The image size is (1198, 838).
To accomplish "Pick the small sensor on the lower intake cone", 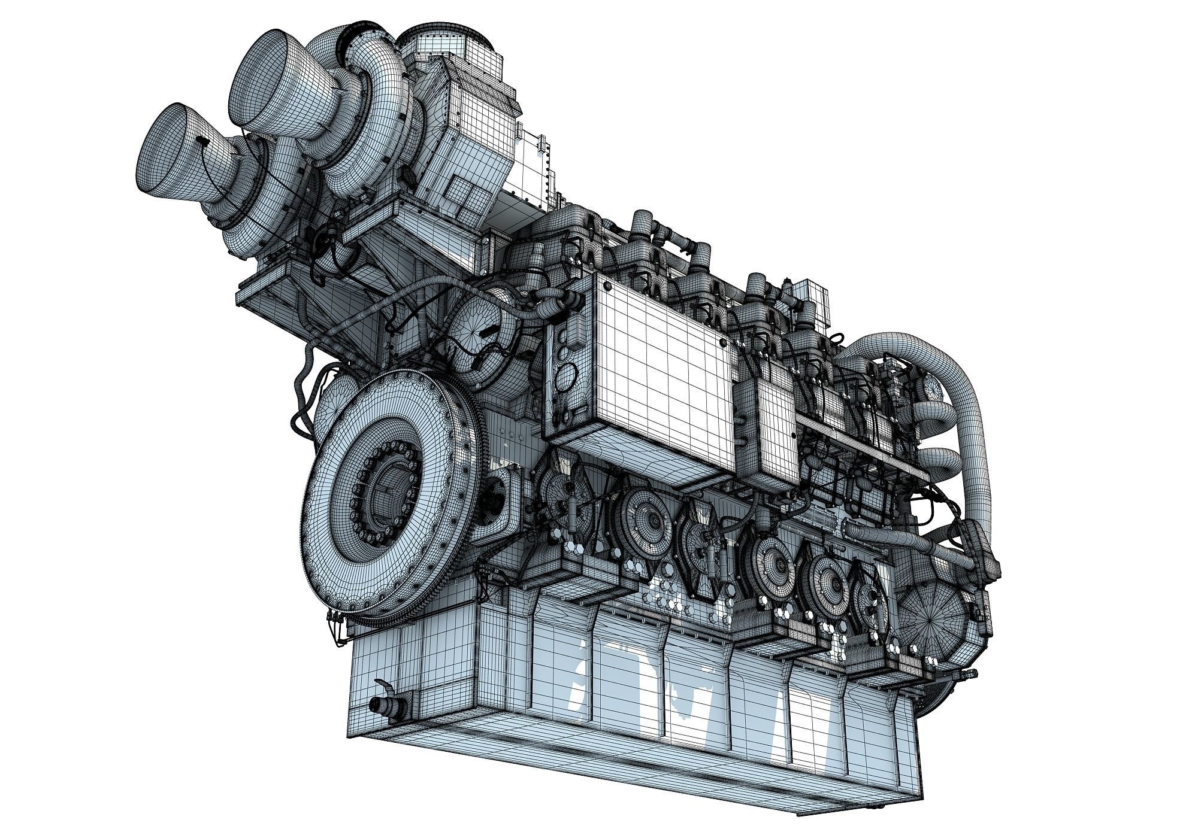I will [202, 142].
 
